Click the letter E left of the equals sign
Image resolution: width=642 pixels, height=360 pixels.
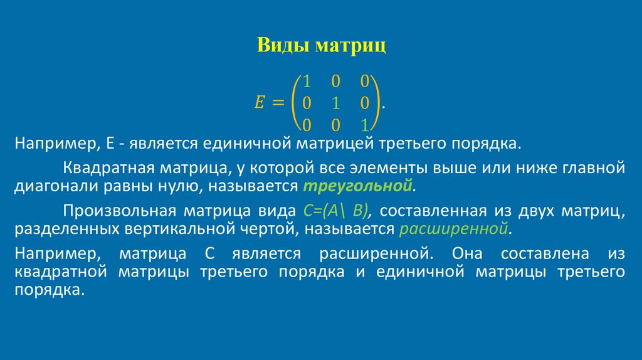point(259,102)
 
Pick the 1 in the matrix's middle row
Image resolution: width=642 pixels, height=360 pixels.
point(335,102)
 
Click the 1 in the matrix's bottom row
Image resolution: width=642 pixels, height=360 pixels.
point(364,124)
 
